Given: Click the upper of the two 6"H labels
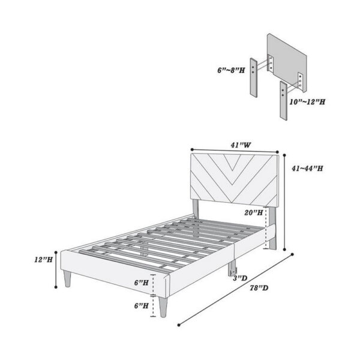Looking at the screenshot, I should [141, 282].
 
